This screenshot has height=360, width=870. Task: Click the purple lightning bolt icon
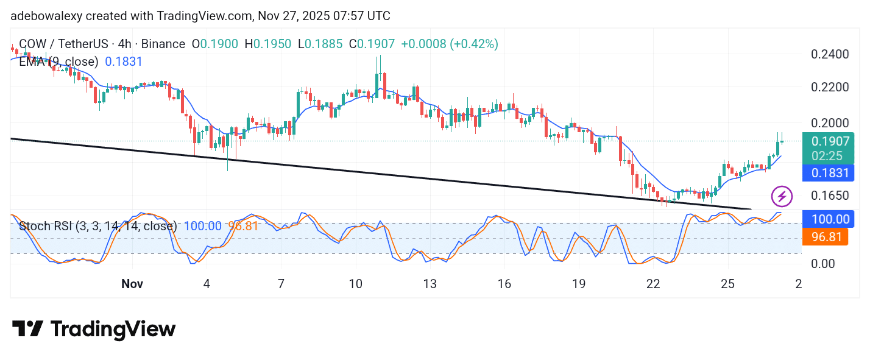tap(782, 196)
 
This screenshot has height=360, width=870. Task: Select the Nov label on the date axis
tap(132, 284)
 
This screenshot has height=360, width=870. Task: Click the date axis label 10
tap(355, 284)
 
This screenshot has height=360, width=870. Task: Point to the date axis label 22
tap(653, 284)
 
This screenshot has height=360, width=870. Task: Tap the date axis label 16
tap(504, 284)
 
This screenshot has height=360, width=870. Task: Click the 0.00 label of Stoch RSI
tap(831, 264)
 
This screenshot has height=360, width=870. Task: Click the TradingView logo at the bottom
tap(94, 330)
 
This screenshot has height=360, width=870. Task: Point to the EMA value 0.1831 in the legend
tap(124, 62)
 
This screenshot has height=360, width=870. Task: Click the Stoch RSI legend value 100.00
tap(202, 226)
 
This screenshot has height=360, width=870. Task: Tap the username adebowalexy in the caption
tap(47, 16)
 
